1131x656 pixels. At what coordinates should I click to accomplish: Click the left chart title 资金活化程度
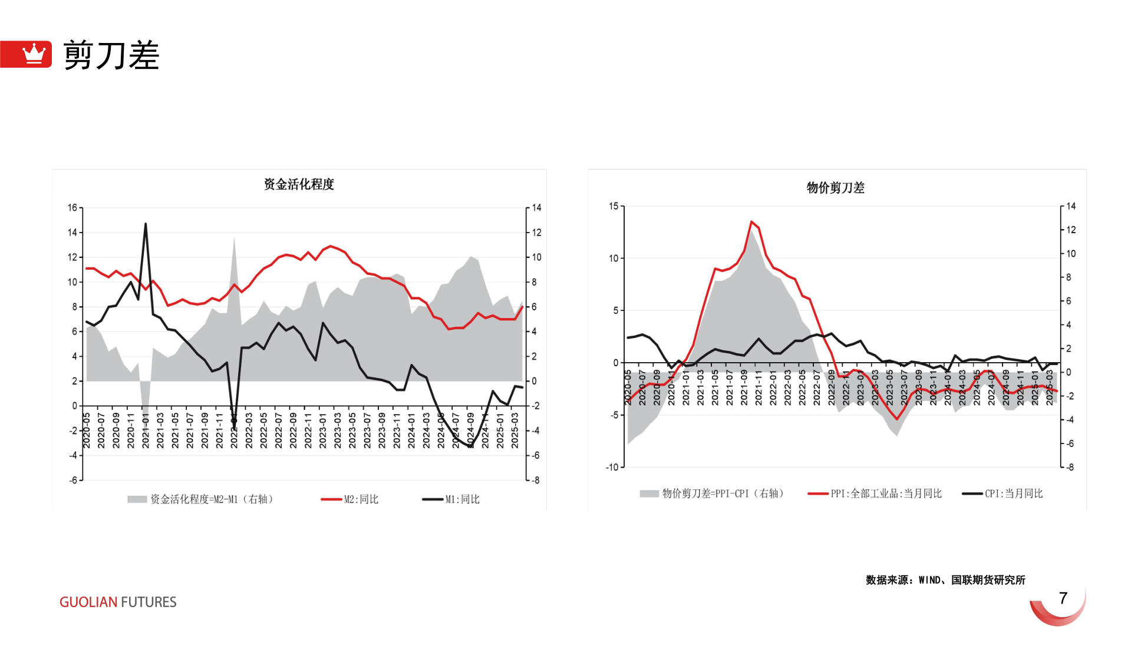click(x=299, y=184)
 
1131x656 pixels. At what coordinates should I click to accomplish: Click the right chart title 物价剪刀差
click(x=835, y=188)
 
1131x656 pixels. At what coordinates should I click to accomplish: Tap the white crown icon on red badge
click(x=34, y=54)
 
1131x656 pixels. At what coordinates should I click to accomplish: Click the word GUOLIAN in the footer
click(x=88, y=602)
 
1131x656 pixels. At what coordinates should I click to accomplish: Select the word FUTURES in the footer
click(x=149, y=602)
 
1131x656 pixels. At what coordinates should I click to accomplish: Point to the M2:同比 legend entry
click(x=350, y=499)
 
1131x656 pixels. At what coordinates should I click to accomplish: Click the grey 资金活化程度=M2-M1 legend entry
click(x=200, y=499)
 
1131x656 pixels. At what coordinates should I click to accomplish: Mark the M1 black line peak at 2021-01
click(x=146, y=224)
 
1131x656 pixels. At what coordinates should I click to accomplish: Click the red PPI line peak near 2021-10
click(x=751, y=221)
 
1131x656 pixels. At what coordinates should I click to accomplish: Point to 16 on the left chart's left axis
click(x=72, y=208)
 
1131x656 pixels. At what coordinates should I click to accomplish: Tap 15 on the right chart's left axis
click(x=614, y=206)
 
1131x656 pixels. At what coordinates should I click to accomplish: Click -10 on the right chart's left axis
click(x=612, y=467)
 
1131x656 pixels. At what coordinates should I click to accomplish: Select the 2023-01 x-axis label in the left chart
click(x=323, y=430)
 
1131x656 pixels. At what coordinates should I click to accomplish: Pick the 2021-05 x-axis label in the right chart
click(x=715, y=387)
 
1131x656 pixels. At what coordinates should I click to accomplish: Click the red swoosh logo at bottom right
click(x=1059, y=609)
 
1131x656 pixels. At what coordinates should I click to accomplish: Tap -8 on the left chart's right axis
click(x=535, y=481)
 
